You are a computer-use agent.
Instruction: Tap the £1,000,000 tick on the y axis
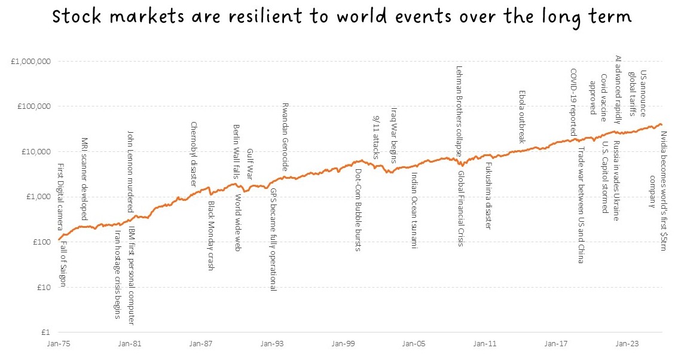click(30, 62)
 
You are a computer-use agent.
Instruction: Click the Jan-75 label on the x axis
click(59, 344)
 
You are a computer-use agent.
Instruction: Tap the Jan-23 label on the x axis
click(627, 344)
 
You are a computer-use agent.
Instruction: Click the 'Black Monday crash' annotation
click(211, 236)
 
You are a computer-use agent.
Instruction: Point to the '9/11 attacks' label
click(376, 138)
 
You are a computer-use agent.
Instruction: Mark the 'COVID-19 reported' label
click(573, 101)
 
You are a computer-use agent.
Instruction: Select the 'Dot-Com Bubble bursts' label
click(358, 210)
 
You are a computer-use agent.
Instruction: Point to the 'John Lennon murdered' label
click(130, 172)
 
